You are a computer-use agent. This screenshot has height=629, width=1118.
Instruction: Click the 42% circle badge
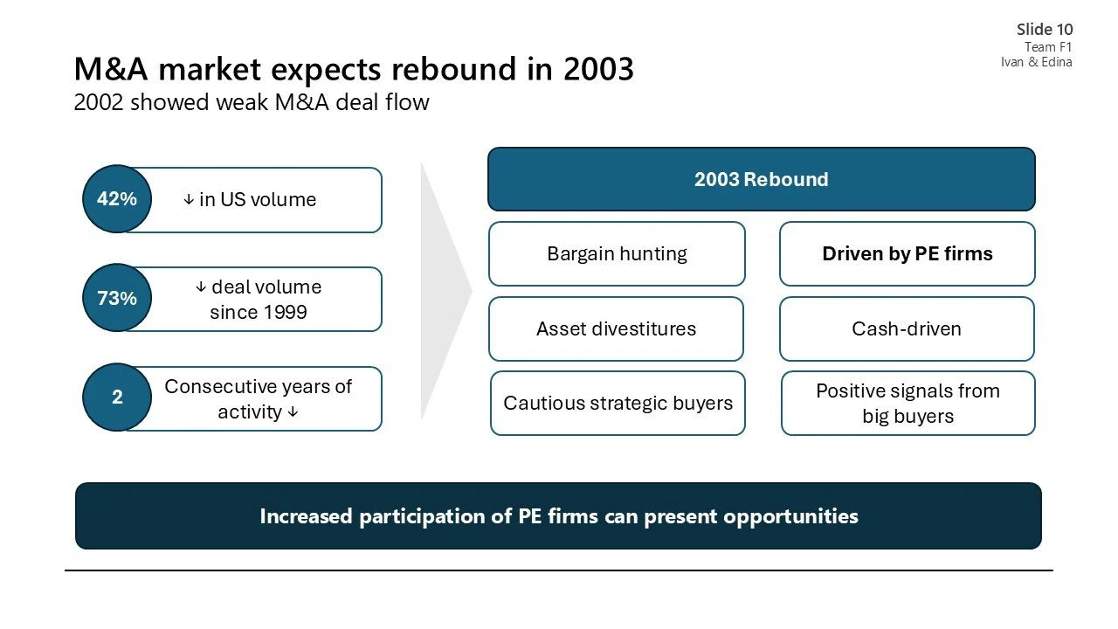[117, 199]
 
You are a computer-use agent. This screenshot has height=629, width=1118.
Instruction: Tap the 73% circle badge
[117, 299]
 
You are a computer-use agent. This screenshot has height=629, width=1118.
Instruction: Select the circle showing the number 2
[117, 397]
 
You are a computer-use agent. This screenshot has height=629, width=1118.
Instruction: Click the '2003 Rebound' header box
[761, 179]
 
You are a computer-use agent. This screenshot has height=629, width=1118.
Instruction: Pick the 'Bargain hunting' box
[617, 254]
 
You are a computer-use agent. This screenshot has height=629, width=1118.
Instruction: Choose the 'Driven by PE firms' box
[907, 254]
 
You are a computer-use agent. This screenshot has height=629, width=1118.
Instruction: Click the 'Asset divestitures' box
[616, 329]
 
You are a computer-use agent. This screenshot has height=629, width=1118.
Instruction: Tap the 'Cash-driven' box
[907, 329]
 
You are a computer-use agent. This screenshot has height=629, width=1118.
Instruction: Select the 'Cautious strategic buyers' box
[618, 404]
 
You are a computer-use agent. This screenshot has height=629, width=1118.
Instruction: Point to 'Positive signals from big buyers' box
[908, 404]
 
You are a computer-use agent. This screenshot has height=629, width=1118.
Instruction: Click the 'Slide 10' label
[1045, 30]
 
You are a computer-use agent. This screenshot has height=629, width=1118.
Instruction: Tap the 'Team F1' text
[1048, 47]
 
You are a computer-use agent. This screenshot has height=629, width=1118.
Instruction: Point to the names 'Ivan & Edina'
[1036, 62]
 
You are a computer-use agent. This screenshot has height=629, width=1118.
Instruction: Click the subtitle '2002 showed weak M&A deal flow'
[252, 102]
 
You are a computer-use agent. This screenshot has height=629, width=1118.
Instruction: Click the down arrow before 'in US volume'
[189, 200]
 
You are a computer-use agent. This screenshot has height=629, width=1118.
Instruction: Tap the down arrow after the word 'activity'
[293, 411]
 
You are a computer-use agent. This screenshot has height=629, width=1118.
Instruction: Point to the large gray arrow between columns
[444, 288]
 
